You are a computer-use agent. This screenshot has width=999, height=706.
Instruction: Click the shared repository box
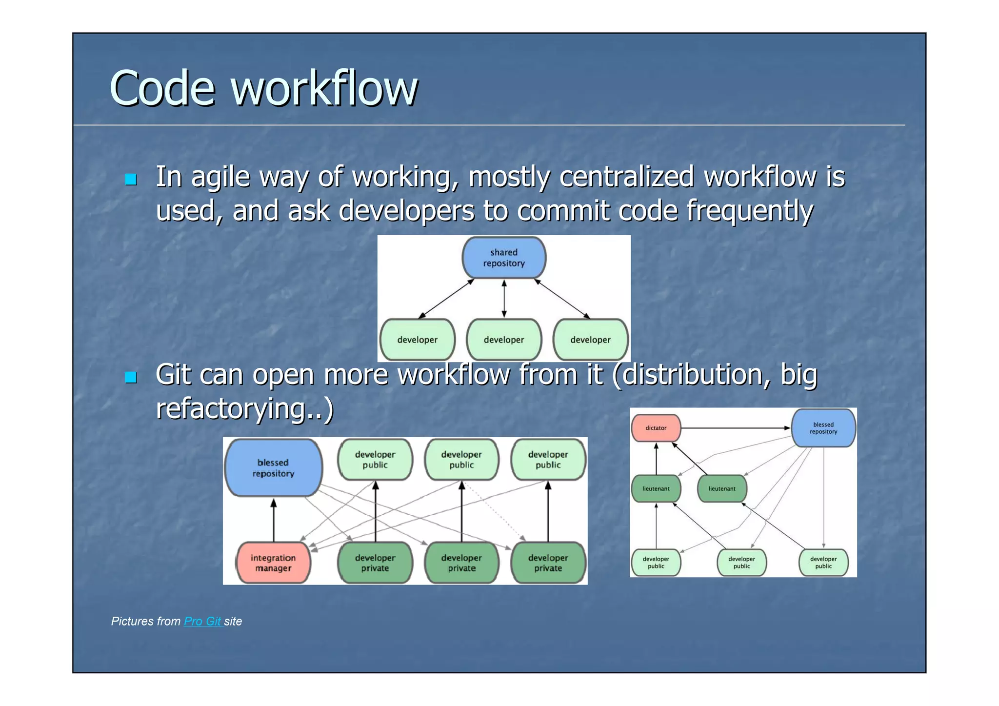pyautogui.click(x=504, y=258)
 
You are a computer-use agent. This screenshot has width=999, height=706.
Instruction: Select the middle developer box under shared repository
pyautogui.click(x=504, y=340)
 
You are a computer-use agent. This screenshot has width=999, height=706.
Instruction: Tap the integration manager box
pyautogui.click(x=273, y=563)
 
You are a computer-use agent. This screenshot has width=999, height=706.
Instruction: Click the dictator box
pyautogui.click(x=656, y=428)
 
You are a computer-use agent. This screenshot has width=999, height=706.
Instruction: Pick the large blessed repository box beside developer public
pyautogui.click(x=273, y=468)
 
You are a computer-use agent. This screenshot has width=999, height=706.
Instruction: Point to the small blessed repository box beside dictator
pyautogui.click(x=823, y=428)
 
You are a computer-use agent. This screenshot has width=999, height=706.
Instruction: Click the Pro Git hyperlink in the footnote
pyautogui.click(x=202, y=621)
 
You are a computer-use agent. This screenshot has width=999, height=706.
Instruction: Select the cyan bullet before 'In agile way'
pyautogui.click(x=131, y=179)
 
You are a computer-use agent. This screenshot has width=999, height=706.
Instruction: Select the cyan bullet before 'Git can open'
pyautogui.click(x=131, y=377)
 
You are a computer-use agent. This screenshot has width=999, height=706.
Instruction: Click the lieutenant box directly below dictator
pyautogui.click(x=656, y=488)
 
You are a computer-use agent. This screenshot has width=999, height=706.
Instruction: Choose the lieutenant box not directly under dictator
pyautogui.click(x=722, y=488)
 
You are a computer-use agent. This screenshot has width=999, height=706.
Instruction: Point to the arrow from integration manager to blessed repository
pyautogui.click(x=274, y=520)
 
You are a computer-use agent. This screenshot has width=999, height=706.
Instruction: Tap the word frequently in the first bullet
pyautogui.click(x=750, y=211)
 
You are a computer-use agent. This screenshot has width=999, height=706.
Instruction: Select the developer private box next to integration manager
pyautogui.click(x=375, y=563)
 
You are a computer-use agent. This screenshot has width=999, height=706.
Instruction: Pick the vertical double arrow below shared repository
pyautogui.click(x=504, y=298)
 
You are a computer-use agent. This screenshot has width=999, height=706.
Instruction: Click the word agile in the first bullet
pyautogui.click(x=220, y=177)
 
